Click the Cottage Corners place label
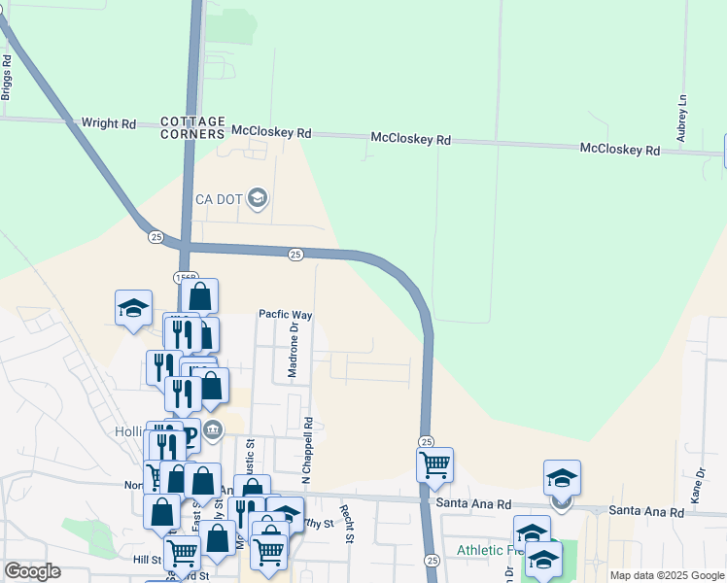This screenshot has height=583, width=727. [x=193, y=126]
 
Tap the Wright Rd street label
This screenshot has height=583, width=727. [x=109, y=123]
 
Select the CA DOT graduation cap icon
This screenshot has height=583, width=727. [x=258, y=199]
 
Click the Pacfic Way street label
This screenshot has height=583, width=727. [x=285, y=315]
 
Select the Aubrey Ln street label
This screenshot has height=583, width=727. [x=682, y=118]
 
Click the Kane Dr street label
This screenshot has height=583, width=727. [x=697, y=485]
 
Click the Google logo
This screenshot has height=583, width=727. [x=32, y=571]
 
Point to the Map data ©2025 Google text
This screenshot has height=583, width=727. [x=666, y=575]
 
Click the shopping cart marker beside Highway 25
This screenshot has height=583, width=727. [x=434, y=463]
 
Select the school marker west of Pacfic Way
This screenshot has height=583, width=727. [x=133, y=307]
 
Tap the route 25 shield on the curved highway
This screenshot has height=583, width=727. [x=295, y=254]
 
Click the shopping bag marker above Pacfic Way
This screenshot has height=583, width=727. [x=199, y=295]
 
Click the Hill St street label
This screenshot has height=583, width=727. [x=148, y=561]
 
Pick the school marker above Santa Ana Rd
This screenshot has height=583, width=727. [x=562, y=477]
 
